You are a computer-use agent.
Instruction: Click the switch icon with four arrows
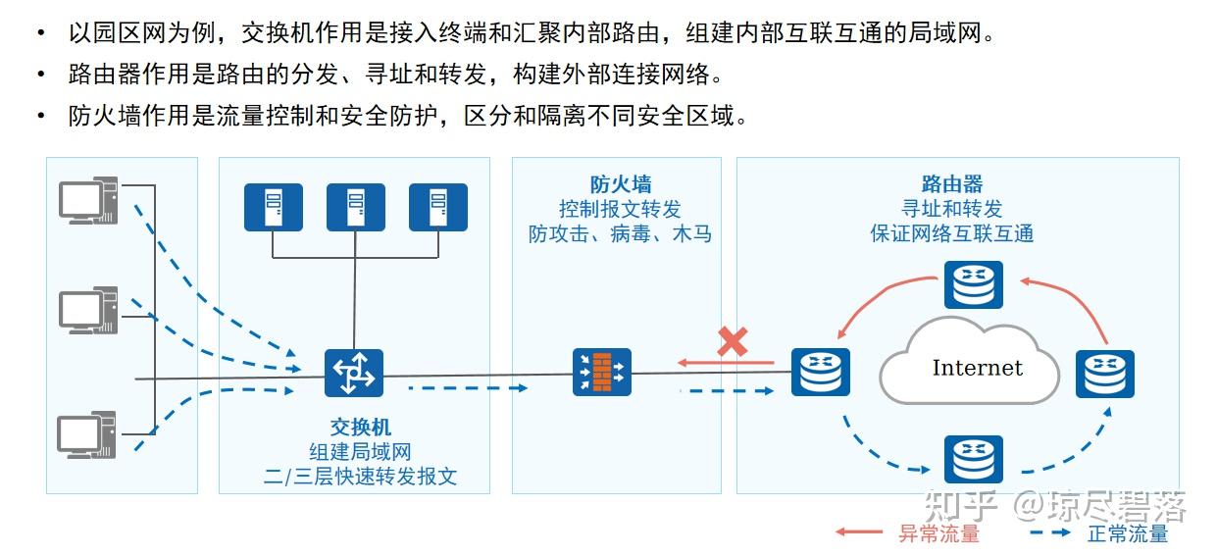[x=354, y=373]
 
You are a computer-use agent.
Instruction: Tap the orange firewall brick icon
[x=601, y=373]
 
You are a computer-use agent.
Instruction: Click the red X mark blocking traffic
[x=733, y=342]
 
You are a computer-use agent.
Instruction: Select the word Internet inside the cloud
[x=977, y=368]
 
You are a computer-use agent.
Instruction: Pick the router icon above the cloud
[x=974, y=285]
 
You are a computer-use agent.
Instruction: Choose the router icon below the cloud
[x=974, y=459]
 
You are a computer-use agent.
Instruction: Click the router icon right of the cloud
[x=1104, y=374]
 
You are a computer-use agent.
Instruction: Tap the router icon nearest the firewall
[x=820, y=373]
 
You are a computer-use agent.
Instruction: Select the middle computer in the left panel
[x=88, y=311]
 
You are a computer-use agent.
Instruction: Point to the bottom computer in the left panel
[x=88, y=434]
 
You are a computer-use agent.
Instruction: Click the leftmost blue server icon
[x=274, y=207]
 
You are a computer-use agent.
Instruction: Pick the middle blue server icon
[x=356, y=207]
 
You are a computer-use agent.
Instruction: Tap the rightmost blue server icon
[x=438, y=207]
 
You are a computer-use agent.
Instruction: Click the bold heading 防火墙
[x=620, y=184]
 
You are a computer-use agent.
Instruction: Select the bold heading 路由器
[x=951, y=184]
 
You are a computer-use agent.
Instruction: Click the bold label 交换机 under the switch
[x=360, y=428]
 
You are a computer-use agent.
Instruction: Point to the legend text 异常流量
[x=938, y=534]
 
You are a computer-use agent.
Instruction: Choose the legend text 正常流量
[x=1128, y=534]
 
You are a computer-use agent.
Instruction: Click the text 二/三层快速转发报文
[x=360, y=478]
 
